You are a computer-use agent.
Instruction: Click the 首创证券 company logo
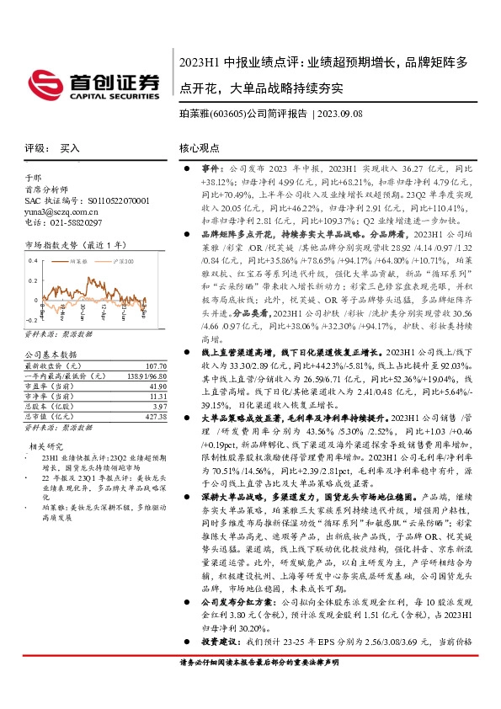[x=93, y=84]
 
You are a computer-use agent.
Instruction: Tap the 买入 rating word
[x=70, y=147]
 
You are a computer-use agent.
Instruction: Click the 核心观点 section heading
[x=199, y=147]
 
